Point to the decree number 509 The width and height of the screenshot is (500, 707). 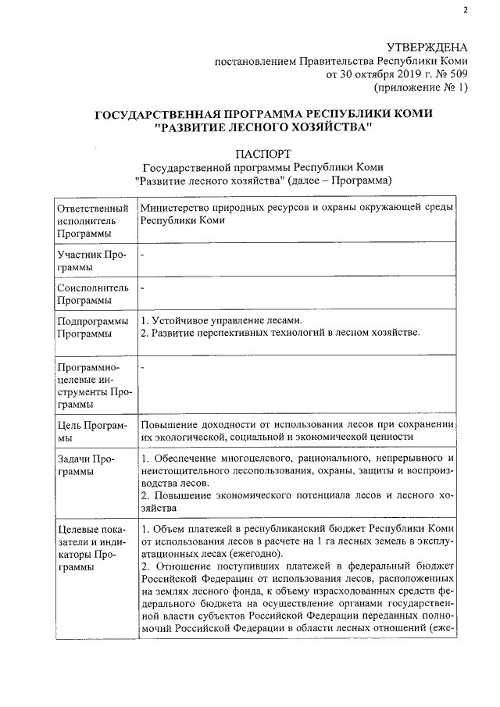pos(456,74)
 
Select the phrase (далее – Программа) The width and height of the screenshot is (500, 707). pos(338,181)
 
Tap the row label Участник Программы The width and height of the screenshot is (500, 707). pos(87,261)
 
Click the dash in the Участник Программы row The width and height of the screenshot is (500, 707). pos(143,255)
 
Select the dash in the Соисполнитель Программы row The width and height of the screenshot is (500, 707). pos(143,288)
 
